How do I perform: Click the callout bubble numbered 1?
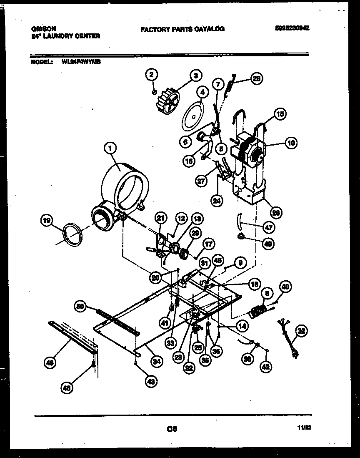pos(110,148)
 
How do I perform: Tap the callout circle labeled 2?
pos(152,75)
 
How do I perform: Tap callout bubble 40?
pos(285,287)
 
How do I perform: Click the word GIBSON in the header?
pos(44,29)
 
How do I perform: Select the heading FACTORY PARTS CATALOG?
pos(182,29)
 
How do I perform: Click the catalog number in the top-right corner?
pos(292,29)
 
